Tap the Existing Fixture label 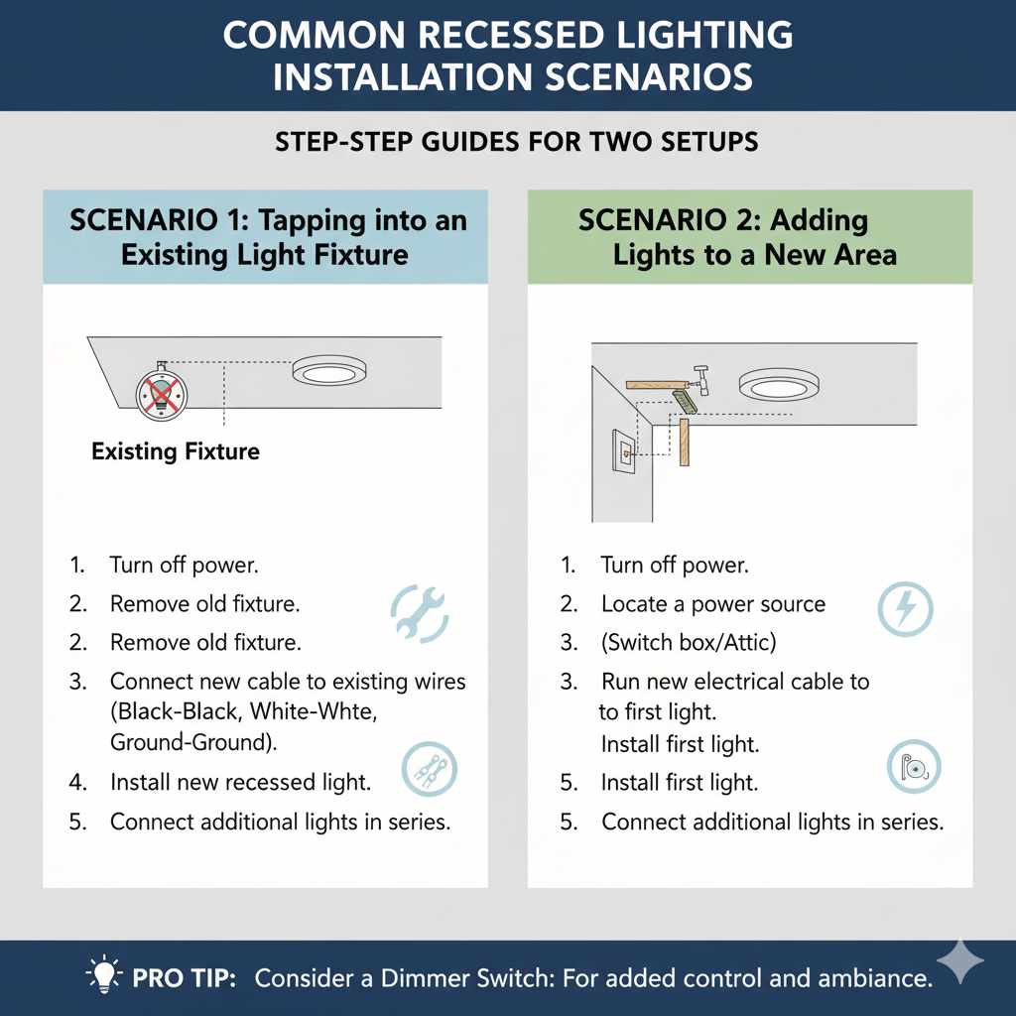coord(176,452)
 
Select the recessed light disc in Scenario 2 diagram coord(779,384)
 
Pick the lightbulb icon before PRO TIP coord(104,976)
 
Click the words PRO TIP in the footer coord(184,978)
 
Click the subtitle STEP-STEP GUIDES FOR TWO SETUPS coord(516,142)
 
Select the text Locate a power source coord(712,604)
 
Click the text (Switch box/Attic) coord(688,643)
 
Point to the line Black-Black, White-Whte coord(247,712)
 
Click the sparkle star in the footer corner coord(958,961)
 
